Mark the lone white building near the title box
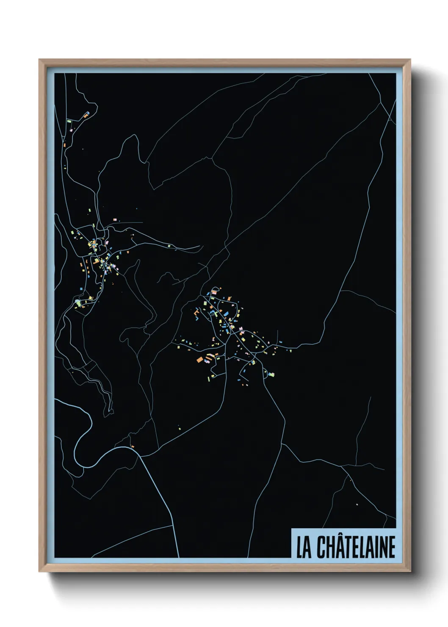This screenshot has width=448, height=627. [357, 504]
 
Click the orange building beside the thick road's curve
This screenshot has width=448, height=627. [133, 446]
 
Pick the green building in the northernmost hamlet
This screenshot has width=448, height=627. [69, 121]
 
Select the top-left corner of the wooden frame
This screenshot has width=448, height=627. [39, 60]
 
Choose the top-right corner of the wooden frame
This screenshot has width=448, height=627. [410, 60]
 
